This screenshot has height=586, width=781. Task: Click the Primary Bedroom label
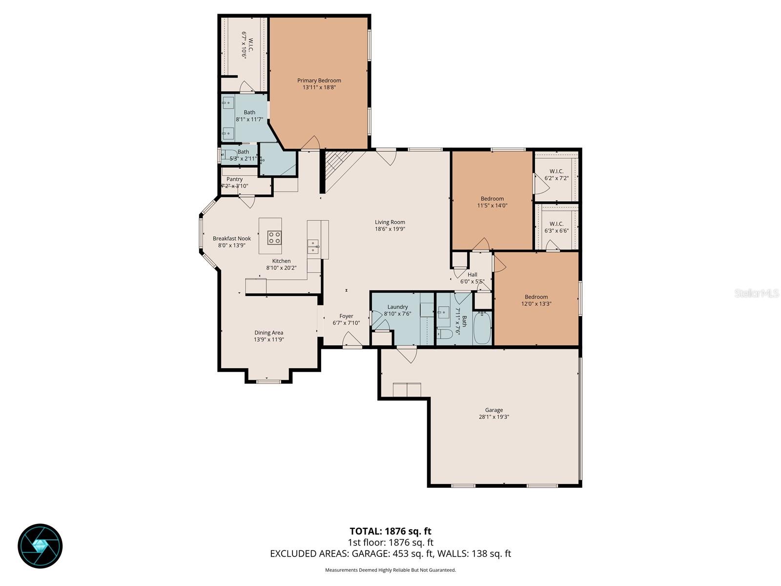coord(319,81)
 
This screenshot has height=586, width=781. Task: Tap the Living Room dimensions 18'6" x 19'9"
coord(390,229)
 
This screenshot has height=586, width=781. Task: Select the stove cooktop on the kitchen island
coord(274,237)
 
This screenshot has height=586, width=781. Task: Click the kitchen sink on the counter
coord(313,247)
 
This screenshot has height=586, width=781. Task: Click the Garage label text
coord(494,410)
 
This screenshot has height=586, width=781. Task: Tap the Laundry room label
coord(397,307)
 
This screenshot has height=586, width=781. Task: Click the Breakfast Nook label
coord(231,239)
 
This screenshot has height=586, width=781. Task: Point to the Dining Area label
coord(268,333)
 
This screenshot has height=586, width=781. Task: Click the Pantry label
coord(234,179)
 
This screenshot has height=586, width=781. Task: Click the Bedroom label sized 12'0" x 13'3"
coord(536,297)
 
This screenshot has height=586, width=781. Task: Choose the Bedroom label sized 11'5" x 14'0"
coord(492,199)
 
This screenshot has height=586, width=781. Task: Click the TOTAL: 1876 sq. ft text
coord(390,531)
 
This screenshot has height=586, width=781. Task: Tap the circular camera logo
coord(40,546)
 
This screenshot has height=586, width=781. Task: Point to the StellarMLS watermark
coord(756,293)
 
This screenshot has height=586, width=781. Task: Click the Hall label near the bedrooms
coord(472,274)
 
